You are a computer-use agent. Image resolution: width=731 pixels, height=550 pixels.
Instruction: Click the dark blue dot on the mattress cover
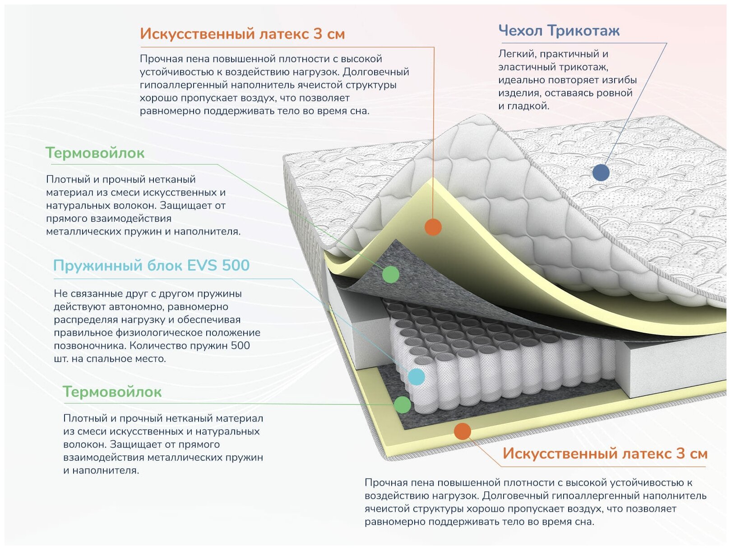click(x=601, y=172)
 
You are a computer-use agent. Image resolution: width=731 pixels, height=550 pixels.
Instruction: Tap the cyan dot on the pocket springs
click(x=416, y=376)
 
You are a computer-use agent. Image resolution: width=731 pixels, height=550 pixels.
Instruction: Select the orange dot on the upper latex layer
click(x=433, y=227)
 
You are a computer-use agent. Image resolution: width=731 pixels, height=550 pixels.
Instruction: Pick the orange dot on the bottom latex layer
click(x=463, y=431)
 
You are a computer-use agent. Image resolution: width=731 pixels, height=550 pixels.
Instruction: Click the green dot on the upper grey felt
click(x=391, y=274)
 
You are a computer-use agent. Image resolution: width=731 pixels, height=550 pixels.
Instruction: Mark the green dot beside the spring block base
click(x=402, y=404)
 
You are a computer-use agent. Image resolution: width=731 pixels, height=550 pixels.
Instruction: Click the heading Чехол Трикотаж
click(x=559, y=31)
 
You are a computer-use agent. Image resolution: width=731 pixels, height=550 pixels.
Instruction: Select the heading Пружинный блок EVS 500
click(x=151, y=266)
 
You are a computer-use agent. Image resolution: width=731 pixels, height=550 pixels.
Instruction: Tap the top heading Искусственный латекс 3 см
click(x=242, y=34)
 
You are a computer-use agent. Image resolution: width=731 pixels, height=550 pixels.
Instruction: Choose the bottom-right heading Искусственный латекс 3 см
click(x=605, y=454)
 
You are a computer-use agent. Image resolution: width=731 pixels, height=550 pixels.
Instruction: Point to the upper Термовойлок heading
click(x=95, y=153)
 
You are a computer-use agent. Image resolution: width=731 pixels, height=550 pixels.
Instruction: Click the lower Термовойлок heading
click(x=112, y=392)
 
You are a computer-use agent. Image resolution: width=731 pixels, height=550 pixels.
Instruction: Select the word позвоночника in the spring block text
click(x=90, y=346)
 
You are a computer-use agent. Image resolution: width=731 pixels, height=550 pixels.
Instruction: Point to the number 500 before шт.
click(x=240, y=346)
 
